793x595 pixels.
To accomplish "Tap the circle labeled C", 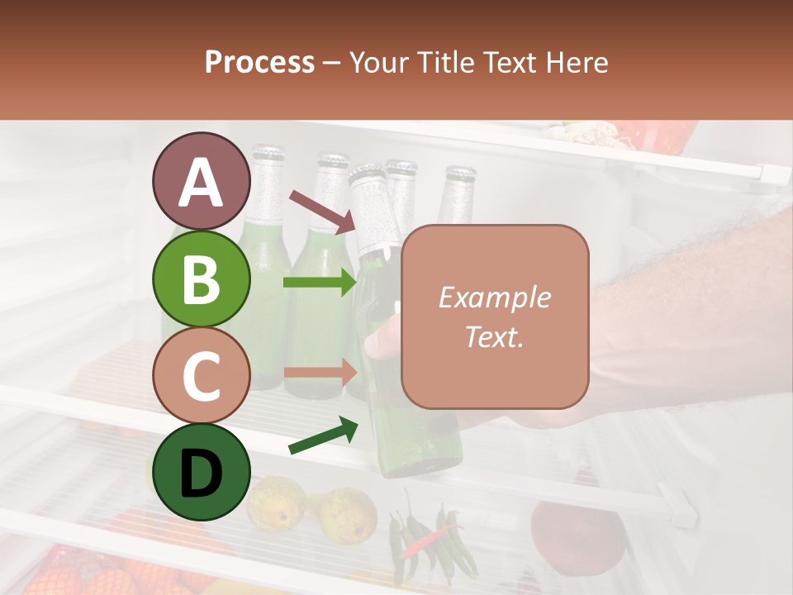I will click(201, 374).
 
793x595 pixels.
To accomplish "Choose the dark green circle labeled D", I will click(201, 471).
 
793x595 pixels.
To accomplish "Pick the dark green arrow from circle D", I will click(322, 436).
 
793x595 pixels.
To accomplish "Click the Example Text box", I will click(495, 317).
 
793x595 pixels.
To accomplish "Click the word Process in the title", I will click(259, 62).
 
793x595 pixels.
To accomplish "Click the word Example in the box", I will click(494, 297).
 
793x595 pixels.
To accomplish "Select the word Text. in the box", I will click(494, 336).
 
